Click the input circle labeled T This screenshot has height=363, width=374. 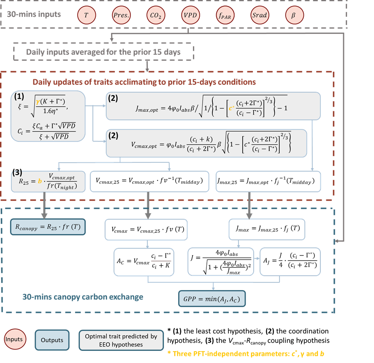click(87, 15)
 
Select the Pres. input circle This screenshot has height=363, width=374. click(121, 15)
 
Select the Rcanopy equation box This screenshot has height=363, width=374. click(48, 227)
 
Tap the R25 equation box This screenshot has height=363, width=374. click(48, 181)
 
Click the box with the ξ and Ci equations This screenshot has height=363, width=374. click(48, 115)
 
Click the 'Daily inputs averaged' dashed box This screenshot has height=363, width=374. click(103, 52)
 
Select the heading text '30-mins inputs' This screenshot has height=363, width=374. click(34, 14)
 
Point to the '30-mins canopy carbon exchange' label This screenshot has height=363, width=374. click(83, 297)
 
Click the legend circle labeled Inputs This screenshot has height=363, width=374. click(14, 340)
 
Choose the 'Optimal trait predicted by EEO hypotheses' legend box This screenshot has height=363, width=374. click(121, 340)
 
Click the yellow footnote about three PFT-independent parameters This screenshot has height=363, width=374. click(246, 353)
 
